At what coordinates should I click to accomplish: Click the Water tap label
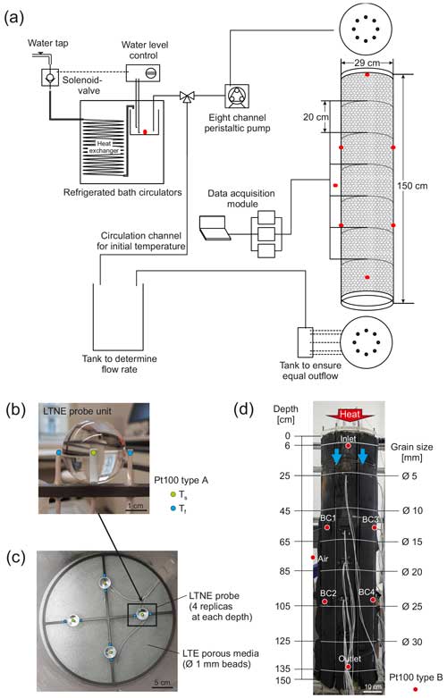[x=47, y=43]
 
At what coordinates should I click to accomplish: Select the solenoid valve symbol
[x=50, y=78]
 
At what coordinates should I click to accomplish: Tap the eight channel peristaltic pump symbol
[x=237, y=96]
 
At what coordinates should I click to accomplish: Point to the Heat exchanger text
[x=104, y=147]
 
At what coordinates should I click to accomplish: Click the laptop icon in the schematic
[x=215, y=228]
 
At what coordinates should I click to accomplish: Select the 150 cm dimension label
[x=412, y=186]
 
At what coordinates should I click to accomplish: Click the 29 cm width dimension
[x=367, y=63]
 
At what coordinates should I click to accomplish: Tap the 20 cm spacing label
[x=316, y=117]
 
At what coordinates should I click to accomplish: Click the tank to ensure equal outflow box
[x=306, y=342]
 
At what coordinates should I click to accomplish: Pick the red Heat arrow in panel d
[x=350, y=415]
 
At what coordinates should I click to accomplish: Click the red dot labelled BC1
[x=327, y=527]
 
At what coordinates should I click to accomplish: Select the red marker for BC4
[x=373, y=600]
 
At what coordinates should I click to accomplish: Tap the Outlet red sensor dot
[x=348, y=667]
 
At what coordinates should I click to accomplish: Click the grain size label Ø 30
[x=412, y=642]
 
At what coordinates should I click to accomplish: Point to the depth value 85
[x=284, y=571]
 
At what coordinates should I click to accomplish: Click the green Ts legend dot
[x=173, y=494]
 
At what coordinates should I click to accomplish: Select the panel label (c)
[x=15, y=559]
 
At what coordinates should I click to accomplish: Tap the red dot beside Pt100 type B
[x=416, y=689]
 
